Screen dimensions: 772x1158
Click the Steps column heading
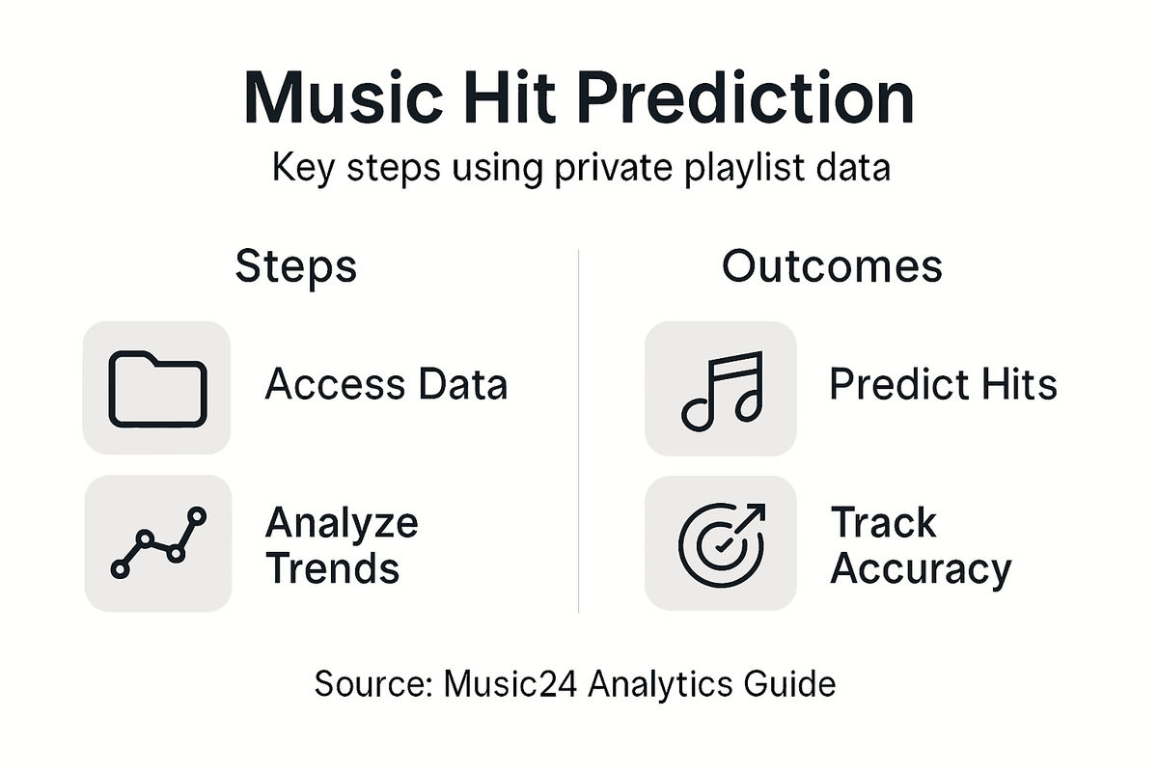pyautogui.click(x=295, y=266)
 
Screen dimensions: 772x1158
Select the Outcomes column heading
pyautogui.click(x=832, y=266)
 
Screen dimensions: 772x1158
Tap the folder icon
pyautogui.click(x=157, y=389)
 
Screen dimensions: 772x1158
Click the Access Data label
pyautogui.click(x=386, y=385)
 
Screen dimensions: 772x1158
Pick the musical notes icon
pyautogui.click(x=721, y=389)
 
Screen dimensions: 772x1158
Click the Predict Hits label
pyautogui.click(x=943, y=385)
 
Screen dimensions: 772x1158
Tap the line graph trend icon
pyautogui.click(x=157, y=542)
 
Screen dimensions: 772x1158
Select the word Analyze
pyautogui.click(x=341, y=524)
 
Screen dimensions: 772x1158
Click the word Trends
pyautogui.click(x=332, y=569)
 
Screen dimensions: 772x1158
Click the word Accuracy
pyautogui.click(x=920, y=569)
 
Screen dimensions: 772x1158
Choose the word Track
pyautogui.click(x=883, y=523)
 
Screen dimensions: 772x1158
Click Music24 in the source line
pyautogui.click(x=510, y=685)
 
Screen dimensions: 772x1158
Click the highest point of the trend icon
pyautogui.click(x=197, y=515)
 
